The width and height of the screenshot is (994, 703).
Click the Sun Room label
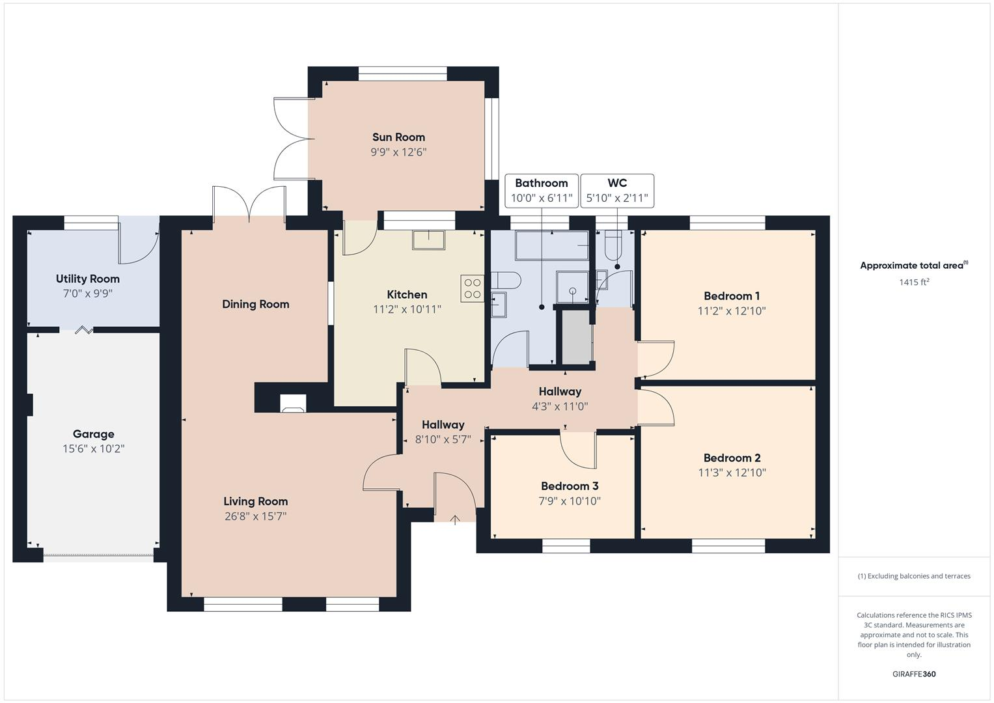click(398, 137)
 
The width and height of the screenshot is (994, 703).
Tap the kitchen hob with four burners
click(473, 288)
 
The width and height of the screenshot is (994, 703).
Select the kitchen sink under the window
click(428, 240)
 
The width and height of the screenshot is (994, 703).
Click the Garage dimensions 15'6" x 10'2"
click(94, 448)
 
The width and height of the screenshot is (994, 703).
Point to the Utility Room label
click(88, 279)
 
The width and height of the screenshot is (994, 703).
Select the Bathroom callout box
click(542, 191)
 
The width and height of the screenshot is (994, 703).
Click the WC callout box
click(617, 191)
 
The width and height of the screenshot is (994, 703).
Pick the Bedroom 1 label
click(732, 296)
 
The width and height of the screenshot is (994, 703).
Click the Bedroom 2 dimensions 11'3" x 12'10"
click(732, 473)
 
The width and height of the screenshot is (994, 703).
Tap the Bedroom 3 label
click(570, 486)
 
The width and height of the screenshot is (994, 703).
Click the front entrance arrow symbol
click(455, 519)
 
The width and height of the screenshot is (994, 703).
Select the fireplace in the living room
click(292, 404)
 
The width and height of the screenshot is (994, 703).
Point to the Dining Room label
click(255, 304)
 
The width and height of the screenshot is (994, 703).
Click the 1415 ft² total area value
click(914, 282)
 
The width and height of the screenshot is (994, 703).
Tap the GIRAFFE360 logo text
click(914, 674)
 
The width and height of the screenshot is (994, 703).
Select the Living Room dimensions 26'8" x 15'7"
click(255, 516)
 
